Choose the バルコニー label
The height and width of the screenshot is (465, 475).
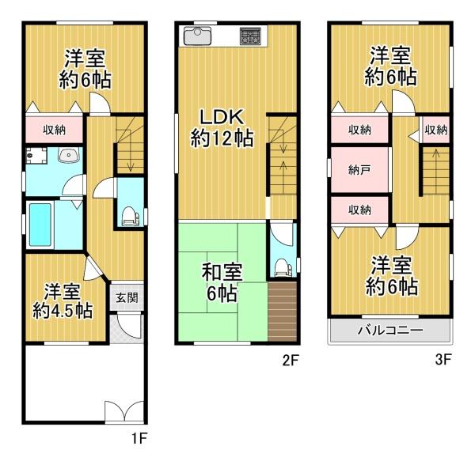(x=390, y=330)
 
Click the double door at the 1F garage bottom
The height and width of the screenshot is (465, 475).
(x=124, y=410)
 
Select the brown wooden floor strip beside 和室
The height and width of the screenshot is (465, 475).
(x=282, y=313)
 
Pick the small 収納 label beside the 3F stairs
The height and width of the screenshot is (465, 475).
(x=436, y=130)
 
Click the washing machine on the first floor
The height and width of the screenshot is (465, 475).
(x=36, y=157)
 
